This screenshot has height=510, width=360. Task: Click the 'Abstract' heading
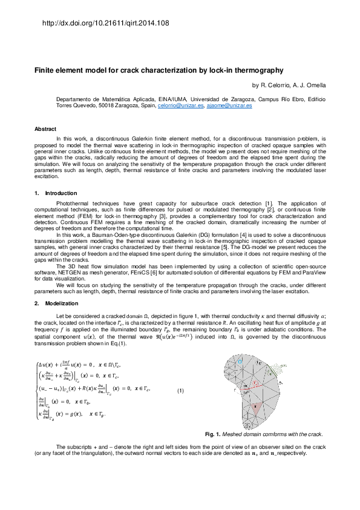pos(45,129)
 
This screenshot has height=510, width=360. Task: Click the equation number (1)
pos(180,391)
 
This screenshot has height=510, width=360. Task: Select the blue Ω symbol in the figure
pos(240,362)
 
